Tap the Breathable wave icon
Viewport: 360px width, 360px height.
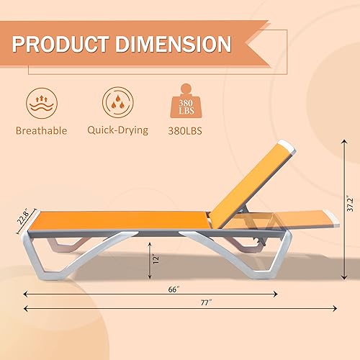point(41,103)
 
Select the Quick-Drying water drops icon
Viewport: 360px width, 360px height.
point(117,103)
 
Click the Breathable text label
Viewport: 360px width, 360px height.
point(41,131)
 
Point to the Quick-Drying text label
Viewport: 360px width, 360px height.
point(117,130)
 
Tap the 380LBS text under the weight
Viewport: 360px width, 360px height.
point(188,131)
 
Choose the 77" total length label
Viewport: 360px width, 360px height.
point(207,302)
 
